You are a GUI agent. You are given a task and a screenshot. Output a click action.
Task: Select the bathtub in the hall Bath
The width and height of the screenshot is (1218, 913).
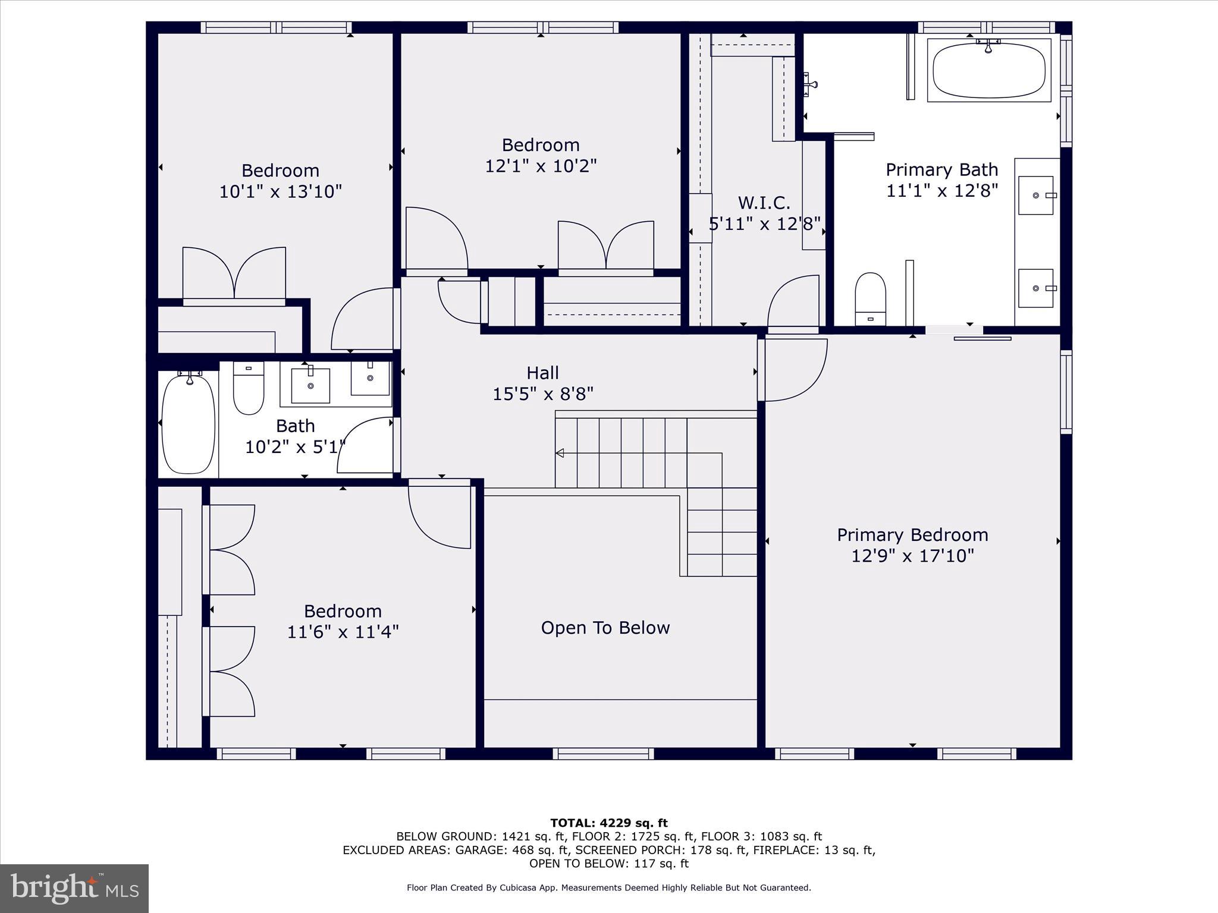click(188, 423)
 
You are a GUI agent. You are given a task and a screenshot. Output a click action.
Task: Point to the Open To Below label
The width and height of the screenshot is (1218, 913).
click(605, 628)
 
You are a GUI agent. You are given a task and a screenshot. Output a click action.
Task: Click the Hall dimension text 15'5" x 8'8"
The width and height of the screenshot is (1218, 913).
click(542, 394)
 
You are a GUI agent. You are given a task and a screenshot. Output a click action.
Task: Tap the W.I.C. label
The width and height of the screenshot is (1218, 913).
click(764, 203)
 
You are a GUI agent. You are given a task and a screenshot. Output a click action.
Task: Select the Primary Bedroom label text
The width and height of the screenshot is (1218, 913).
click(912, 535)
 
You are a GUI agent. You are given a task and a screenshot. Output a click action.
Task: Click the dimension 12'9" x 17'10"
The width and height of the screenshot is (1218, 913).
click(912, 556)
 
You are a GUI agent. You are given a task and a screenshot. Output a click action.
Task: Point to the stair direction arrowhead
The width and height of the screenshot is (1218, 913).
click(560, 453)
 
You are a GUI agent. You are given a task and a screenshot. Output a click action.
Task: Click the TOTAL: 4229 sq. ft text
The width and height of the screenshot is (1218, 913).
click(608, 823)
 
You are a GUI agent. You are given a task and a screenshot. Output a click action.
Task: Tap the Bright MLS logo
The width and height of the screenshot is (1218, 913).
click(74, 888)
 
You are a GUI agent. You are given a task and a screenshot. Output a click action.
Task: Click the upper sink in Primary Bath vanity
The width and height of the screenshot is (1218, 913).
click(1035, 195)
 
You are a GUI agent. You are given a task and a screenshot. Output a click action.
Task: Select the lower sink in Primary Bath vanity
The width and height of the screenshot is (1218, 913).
click(1035, 288)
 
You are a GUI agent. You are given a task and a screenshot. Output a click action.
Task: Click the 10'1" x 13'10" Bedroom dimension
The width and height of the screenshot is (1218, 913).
click(280, 191)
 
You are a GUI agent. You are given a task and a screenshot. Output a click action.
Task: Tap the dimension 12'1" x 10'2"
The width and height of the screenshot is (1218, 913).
click(540, 165)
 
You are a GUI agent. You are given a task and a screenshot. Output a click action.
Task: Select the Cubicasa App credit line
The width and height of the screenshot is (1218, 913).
click(608, 887)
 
